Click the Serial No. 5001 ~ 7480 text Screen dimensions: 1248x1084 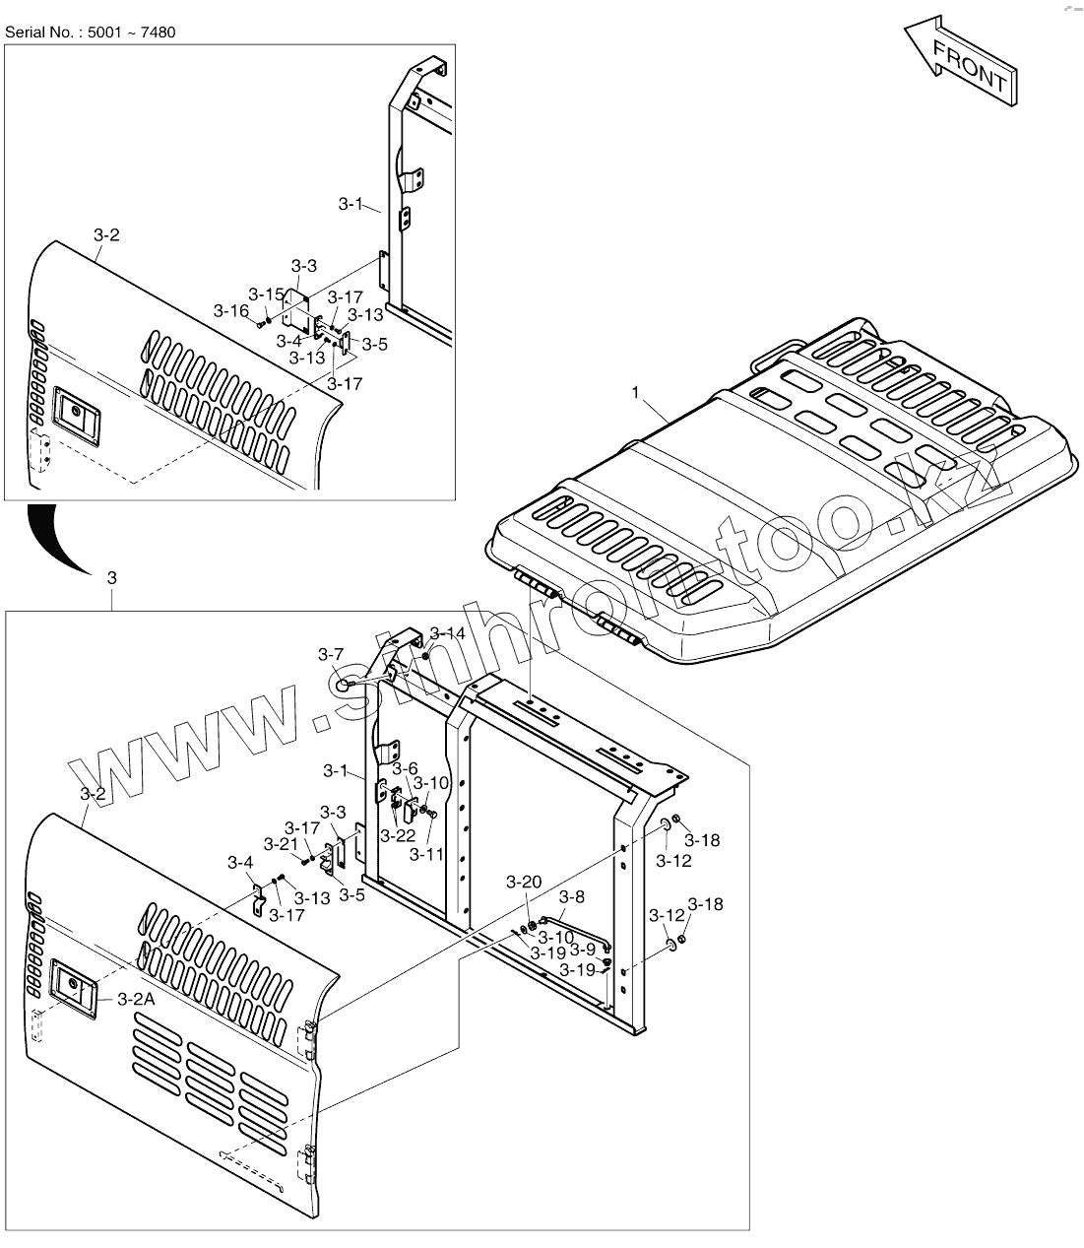tap(91, 33)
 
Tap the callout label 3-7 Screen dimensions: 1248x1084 tap(331, 654)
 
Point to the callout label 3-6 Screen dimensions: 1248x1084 tap(405, 768)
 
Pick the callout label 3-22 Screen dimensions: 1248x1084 tap(398, 835)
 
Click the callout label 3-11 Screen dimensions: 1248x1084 tap(427, 854)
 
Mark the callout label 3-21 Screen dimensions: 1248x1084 tap(281, 844)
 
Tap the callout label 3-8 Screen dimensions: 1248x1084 tap(572, 896)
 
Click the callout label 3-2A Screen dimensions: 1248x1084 tap(136, 999)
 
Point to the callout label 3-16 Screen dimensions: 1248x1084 tap(231, 310)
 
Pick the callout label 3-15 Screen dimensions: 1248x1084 tap(266, 294)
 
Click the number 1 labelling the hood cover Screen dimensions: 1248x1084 tap(635, 392)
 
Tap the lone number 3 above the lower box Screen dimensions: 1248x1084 tap(111, 578)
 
